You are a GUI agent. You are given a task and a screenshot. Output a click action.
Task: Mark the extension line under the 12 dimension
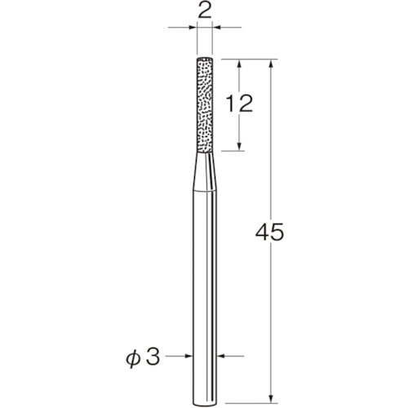228,151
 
